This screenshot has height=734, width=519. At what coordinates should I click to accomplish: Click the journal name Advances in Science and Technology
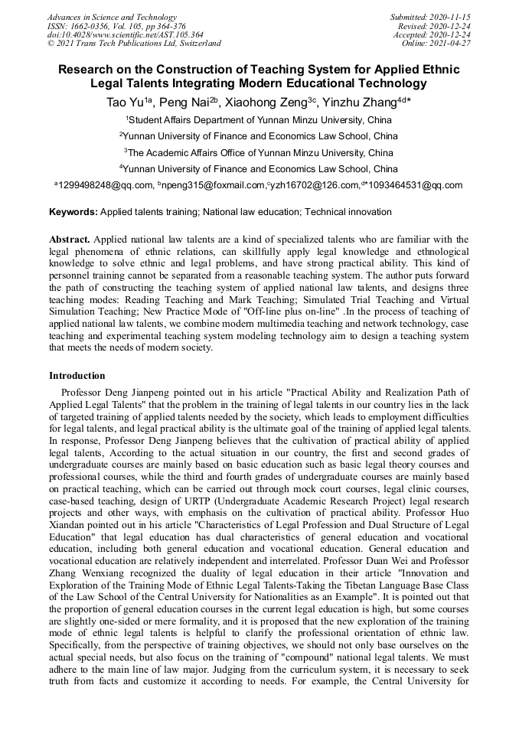pyautogui.click(x=112, y=17)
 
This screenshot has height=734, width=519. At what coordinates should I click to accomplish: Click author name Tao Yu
pyautogui.click(x=122, y=103)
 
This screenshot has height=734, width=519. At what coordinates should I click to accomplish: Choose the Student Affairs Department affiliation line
pyautogui.click(x=259, y=120)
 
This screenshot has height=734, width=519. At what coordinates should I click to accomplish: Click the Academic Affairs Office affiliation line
pyautogui.click(x=259, y=152)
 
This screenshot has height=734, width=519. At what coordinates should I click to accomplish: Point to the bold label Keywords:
pyautogui.click(x=73, y=211)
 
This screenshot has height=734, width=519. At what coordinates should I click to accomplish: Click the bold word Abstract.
pyautogui.click(x=71, y=240)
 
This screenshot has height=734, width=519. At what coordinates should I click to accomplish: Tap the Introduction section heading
pyautogui.click(x=77, y=376)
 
